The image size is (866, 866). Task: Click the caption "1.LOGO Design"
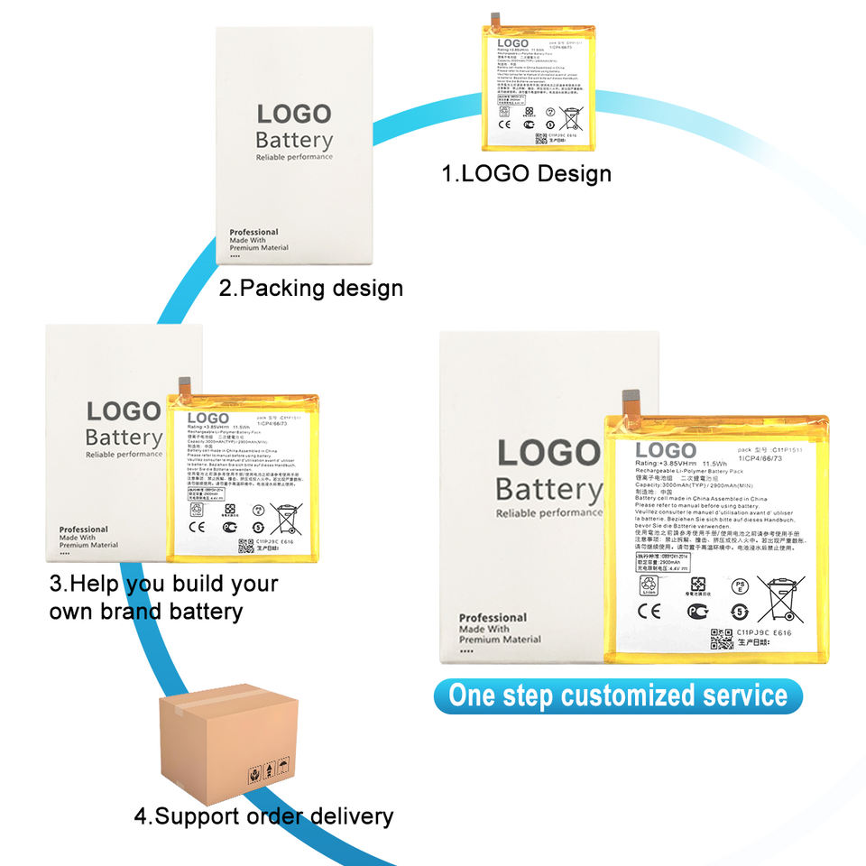pos(526,173)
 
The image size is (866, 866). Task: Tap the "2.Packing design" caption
pos(311,289)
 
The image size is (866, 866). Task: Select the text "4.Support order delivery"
pos(263,817)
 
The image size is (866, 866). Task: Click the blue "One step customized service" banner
pos(618,696)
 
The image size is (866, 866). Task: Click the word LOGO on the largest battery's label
pos(666,450)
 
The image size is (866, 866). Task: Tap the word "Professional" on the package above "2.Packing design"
pos(253,232)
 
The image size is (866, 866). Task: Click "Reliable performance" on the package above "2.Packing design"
pos(294,157)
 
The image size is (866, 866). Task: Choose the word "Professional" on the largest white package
pos(493,618)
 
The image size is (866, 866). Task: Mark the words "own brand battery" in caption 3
pos(146,611)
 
